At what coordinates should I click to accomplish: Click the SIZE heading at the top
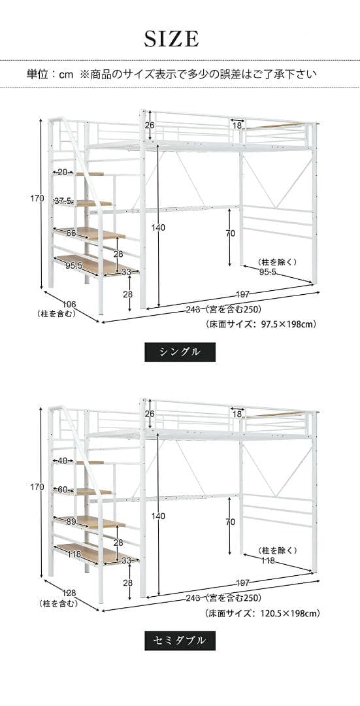[x=171, y=40]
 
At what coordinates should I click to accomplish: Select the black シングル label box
[x=180, y=352]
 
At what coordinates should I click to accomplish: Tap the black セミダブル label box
[x=180, y=639]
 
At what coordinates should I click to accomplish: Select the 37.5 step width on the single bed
[x=63, y=201]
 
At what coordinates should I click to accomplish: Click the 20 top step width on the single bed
[x=63, y=173]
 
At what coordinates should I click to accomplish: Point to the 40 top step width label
[x=63, y=461]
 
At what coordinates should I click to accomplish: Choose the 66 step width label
[x=71, y=233]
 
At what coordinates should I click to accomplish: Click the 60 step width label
[x=63, y=490]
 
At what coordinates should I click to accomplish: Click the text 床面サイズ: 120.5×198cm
[x=262, y=613]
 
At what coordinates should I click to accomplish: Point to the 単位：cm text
[x=50, y=75]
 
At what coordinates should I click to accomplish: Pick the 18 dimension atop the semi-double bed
[x=237, y=414]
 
